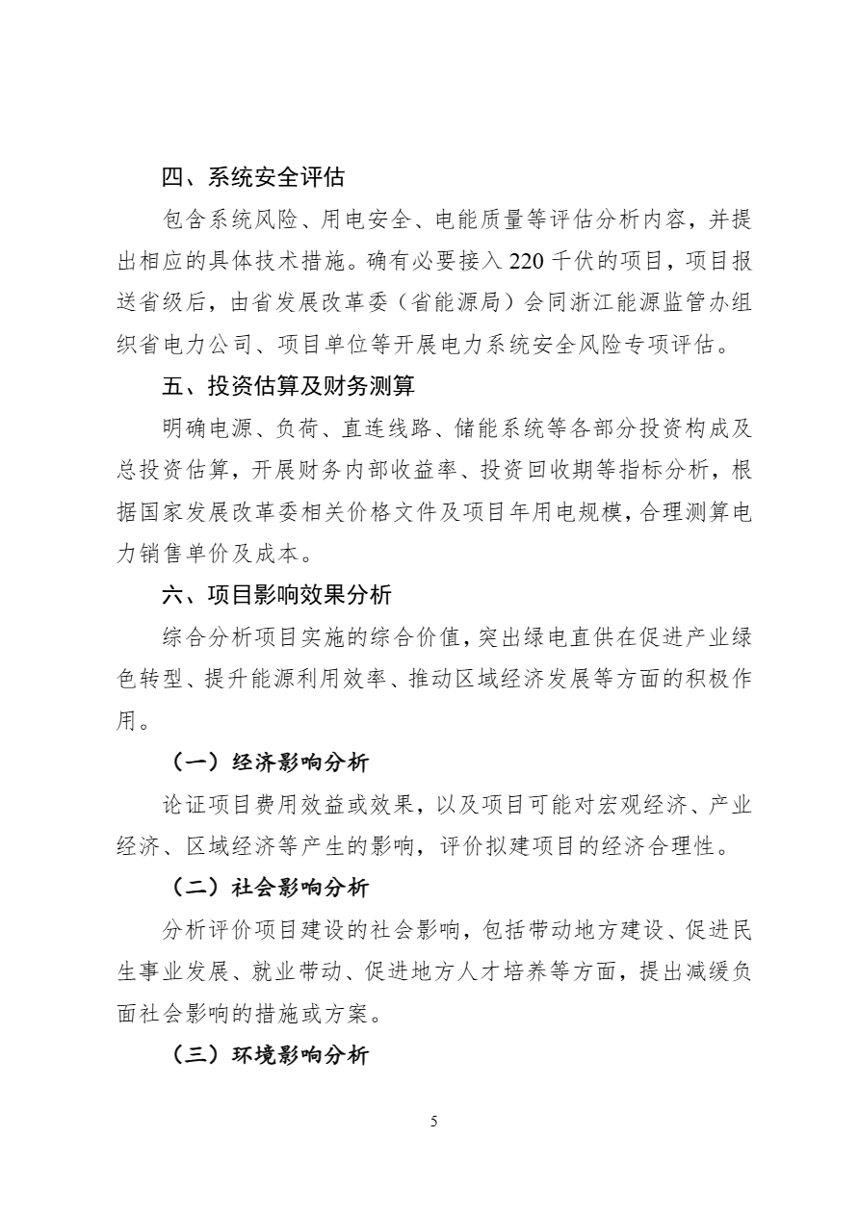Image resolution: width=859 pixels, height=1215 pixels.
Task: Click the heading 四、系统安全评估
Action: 253,177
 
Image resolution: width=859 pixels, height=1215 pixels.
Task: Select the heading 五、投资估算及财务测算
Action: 288,386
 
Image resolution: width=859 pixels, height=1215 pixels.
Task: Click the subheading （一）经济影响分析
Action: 270,763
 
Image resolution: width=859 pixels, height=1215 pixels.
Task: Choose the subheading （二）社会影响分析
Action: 270,888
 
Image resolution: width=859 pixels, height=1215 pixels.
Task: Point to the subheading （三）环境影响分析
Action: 270,1055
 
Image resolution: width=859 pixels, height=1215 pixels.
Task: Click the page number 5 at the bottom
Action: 434,1122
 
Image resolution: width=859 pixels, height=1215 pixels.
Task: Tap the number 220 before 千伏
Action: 527,261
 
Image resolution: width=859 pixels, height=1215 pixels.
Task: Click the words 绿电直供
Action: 564,637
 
